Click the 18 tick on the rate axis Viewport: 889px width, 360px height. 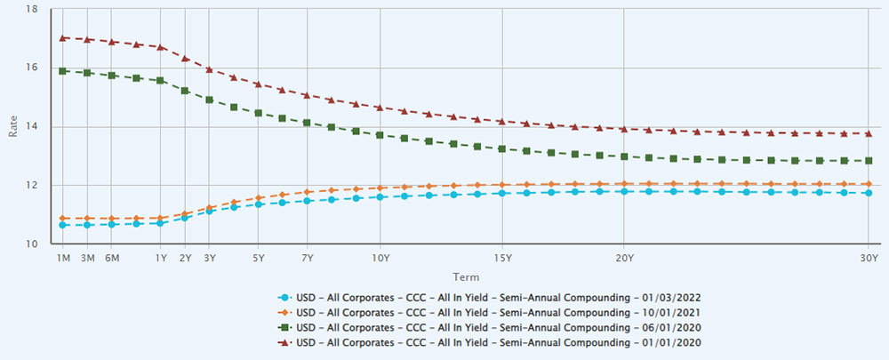(x=32, y=9)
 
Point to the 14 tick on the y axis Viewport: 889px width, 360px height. (x=32, y=126)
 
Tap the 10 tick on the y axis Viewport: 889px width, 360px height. (x=32, y=244)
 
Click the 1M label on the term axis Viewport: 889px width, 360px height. (x=63, y=258)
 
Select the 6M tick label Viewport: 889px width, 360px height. (x=112, y=258)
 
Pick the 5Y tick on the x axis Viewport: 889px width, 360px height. (x=258, y=258)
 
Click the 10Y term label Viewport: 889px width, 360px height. (x=380, y=258)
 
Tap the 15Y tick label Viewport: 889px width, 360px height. (x=501, y=258)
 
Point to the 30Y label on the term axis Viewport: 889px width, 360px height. (x=868, y=258)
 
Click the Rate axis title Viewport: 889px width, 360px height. (x=12, y=126)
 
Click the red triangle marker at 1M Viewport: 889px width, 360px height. (x=63, y=38)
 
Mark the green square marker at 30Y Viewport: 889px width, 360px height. (x=868, y=161)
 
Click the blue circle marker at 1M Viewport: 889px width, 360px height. (x=63, y=225)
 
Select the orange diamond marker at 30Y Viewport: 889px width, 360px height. (x=868, y=184)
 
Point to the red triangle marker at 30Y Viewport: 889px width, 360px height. (x=868, y=133)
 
